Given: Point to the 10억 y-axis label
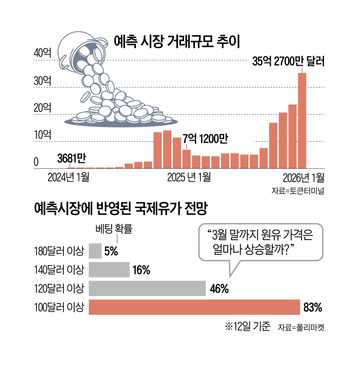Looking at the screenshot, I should click(43, 134).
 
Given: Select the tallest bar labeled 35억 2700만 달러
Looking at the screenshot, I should click(302, 120).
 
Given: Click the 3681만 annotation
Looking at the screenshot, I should click(72, 158).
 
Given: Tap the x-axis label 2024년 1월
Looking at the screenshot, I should click(68, 177).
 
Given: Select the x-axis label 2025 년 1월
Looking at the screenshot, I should click(189, 177).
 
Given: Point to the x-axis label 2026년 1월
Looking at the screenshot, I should click(301, 177).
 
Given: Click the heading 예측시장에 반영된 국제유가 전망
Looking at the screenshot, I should click(121, 209).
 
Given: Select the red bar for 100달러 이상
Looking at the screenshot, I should click(194, 307).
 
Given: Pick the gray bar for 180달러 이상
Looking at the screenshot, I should click(95, 251).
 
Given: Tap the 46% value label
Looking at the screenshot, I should click(220, 289).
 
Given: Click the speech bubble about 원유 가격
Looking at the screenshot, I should click(261, 241).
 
